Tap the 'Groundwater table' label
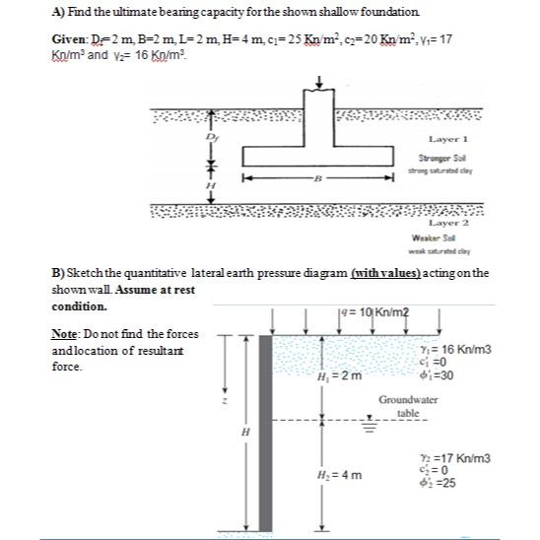click(407, 407)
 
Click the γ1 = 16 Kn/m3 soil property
click(455, 349)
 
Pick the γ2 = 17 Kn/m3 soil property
click(455, 460)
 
